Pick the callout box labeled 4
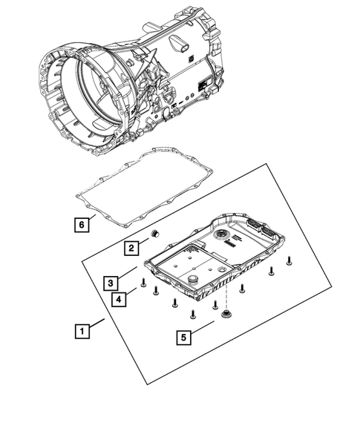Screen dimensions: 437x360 118,299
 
